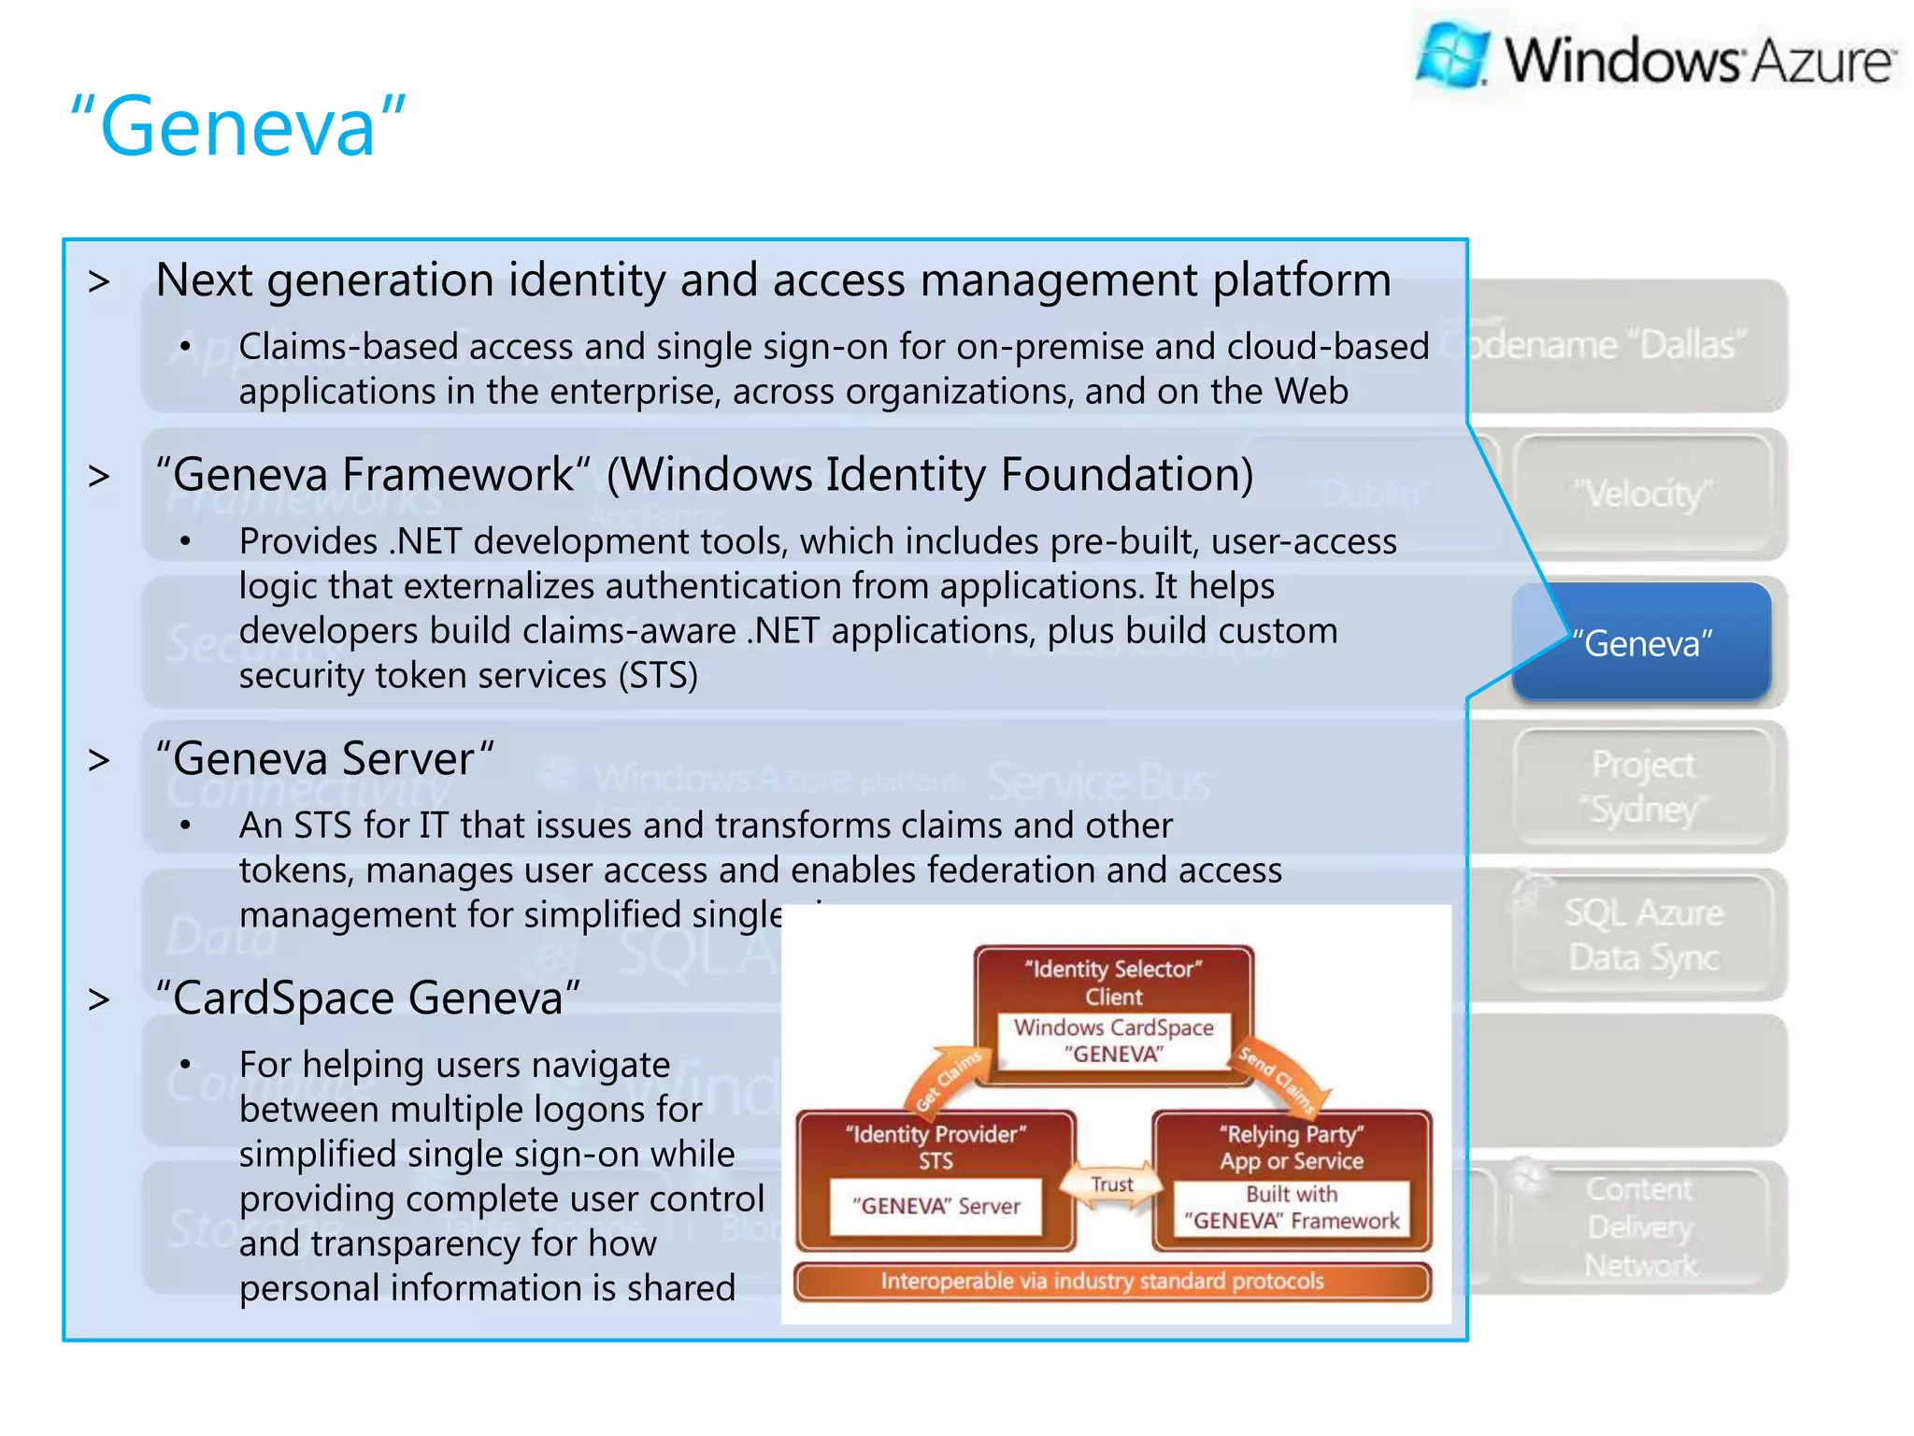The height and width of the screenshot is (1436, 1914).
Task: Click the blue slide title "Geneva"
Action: [238, 126]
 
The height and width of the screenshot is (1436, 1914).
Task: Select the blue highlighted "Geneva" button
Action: [1641, 643]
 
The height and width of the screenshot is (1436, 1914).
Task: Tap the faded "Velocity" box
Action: [1642, 493]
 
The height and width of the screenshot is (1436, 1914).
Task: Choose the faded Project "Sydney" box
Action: [1642, 786]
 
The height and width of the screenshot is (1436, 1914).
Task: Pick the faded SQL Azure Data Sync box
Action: [1642, 935]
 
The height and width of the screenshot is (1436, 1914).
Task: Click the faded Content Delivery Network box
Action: [1640, 1226]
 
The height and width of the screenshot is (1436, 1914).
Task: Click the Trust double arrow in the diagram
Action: [1112, 1185]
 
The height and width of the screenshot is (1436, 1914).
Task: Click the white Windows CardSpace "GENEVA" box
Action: [1113, 1041]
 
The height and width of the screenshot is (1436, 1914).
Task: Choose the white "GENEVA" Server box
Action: [936, 1206]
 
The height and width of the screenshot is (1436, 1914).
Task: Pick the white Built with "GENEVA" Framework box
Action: [1292, 1208]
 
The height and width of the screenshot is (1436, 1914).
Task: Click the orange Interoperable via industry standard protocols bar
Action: [1111, 1281]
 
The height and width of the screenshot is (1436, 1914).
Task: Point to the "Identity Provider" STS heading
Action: [936, 1146]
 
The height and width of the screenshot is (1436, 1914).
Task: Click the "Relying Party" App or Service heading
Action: [1292, 1146]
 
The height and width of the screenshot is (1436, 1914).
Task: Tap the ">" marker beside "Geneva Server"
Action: [99, 760]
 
